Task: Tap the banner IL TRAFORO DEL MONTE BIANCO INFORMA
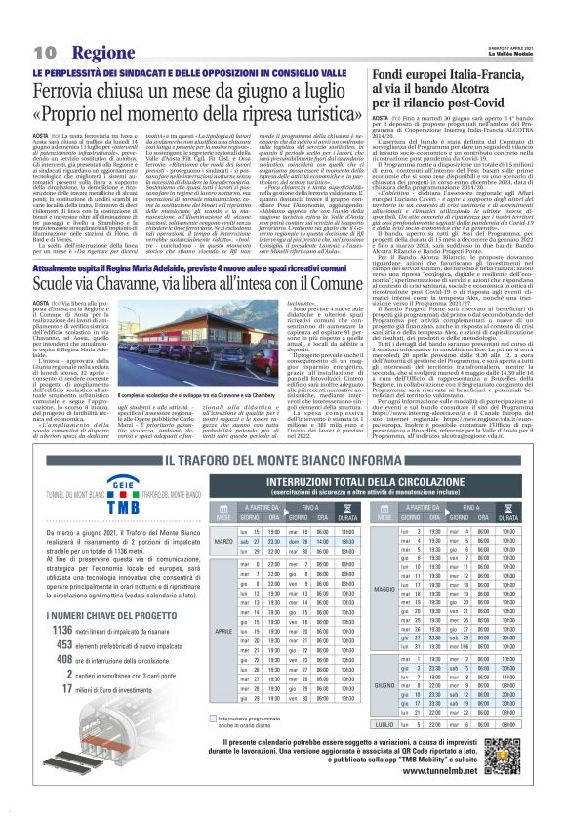click(283, 461)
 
